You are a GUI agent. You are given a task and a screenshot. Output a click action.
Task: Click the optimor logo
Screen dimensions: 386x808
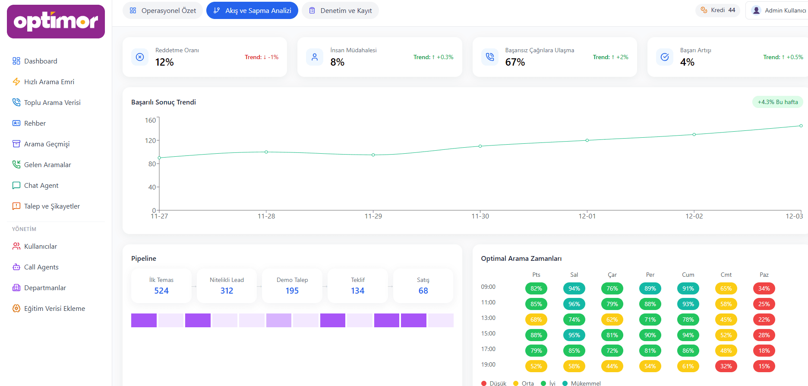(56, 22)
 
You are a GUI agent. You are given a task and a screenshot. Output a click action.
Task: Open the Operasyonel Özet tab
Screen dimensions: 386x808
(163, 10)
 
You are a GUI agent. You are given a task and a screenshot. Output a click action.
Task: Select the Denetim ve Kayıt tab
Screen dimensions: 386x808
(340, 10)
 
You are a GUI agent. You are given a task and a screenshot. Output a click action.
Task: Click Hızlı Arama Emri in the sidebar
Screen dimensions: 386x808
(49, 82)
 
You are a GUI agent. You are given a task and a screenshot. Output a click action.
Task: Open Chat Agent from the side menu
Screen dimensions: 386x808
(41, 185)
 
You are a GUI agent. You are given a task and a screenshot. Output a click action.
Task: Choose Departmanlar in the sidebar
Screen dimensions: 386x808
(45, 288)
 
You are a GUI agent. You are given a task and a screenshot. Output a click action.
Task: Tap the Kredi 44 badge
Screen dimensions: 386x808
(718, 10)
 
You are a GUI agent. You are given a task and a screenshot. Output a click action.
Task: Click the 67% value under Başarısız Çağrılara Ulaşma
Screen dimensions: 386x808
(515, 62)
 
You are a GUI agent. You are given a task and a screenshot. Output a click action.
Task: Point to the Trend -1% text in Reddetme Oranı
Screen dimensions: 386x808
(262, 57)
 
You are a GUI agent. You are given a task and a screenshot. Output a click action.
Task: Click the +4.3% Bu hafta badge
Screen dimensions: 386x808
(777, 102)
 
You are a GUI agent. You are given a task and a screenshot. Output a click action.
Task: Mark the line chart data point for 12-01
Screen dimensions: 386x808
(587, 140)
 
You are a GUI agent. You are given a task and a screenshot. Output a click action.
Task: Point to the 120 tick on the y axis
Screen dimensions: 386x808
(150, 140)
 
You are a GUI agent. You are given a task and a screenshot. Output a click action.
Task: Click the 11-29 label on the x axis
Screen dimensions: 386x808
(373, 216)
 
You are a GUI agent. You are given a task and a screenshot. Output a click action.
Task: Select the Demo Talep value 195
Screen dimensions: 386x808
(292, 291)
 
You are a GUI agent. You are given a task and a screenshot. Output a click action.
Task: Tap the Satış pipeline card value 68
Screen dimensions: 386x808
(423, 291)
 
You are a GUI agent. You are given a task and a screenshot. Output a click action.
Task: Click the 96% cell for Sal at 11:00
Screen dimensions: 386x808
(574, 304)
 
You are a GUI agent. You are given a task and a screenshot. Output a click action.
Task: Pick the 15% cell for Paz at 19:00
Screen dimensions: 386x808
(764, 366)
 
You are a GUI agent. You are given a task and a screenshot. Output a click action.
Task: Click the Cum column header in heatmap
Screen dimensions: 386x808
(688, 275)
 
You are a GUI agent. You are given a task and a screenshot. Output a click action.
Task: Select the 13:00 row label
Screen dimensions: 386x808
(488, 318)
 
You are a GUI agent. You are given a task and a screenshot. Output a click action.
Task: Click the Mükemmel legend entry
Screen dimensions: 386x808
(585, 383)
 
